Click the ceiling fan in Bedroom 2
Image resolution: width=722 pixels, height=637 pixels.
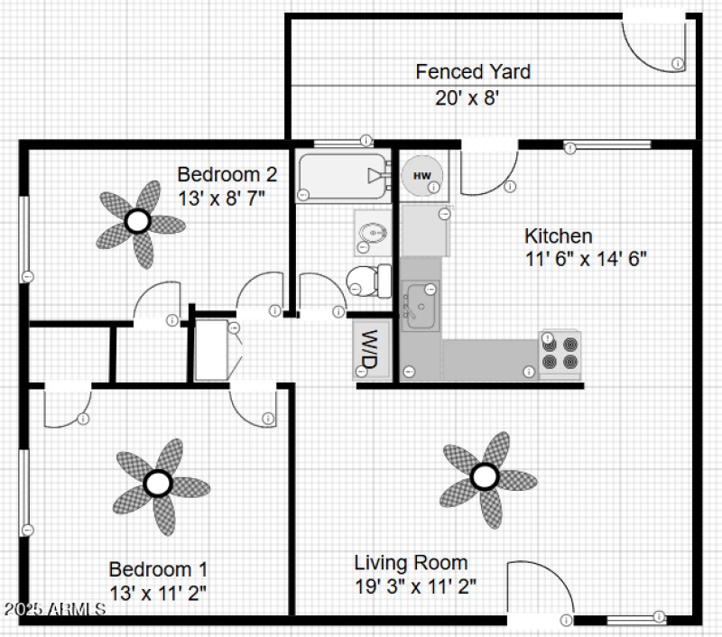tap(137, 220)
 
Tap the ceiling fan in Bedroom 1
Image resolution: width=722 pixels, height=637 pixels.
tap(159, 484)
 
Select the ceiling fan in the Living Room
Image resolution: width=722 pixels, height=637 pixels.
tap(485, 475)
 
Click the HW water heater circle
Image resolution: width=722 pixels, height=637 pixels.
tap(421, 174)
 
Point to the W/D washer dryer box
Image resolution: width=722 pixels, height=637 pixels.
tap(367, 350)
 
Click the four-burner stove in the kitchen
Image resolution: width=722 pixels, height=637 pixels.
tap(560, 352)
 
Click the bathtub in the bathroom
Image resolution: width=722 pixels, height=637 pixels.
tap(341, 175)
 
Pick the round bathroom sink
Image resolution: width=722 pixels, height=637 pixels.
tap(372, 234)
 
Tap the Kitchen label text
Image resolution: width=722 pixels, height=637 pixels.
tap(559, 236)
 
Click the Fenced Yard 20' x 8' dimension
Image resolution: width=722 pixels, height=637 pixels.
tap(467, 97)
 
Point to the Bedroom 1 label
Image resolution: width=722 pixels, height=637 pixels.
tap(158, 569)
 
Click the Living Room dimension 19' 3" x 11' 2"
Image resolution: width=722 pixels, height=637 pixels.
tap(416, 586)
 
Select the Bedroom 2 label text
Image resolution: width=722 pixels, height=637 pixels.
tap(220, 174)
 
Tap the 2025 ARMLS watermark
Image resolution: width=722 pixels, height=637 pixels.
tap(54, 610)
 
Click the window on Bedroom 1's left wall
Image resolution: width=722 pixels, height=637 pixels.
tap(24, 492)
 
